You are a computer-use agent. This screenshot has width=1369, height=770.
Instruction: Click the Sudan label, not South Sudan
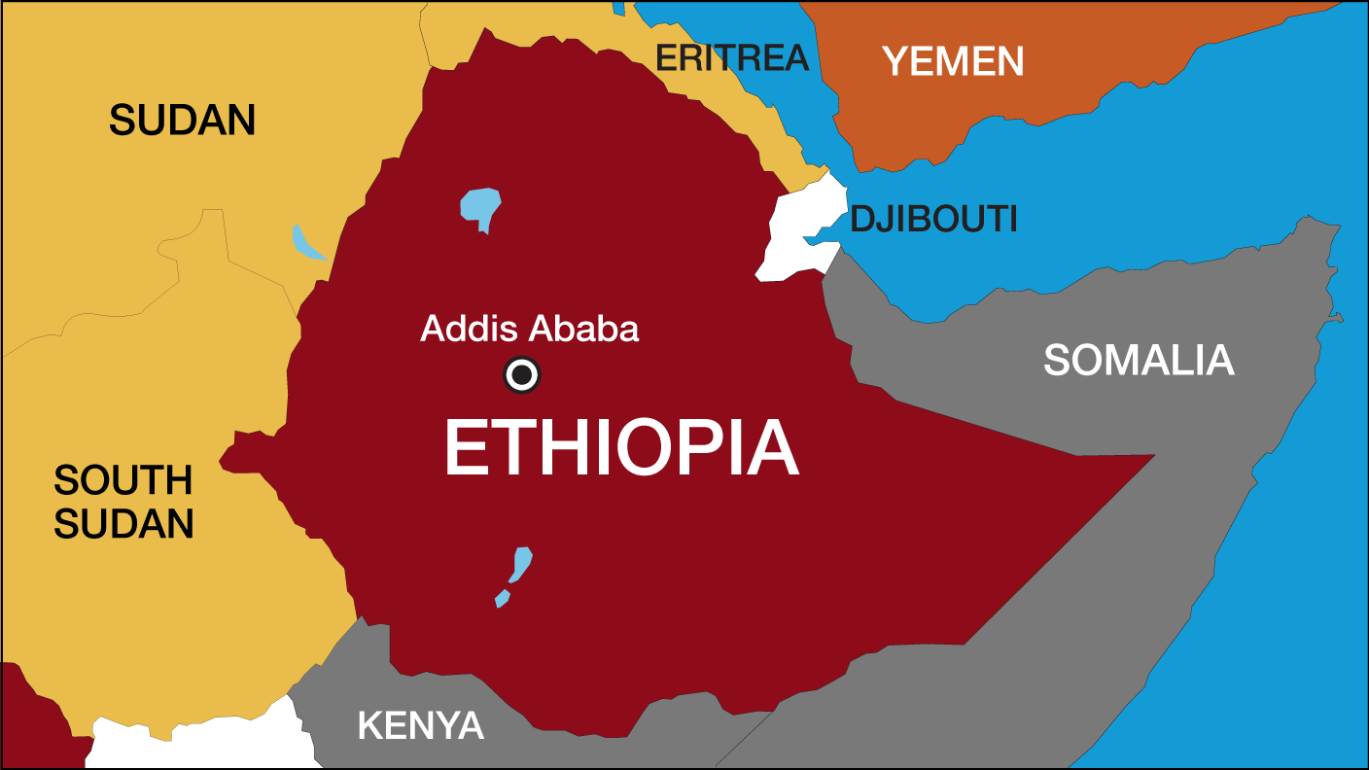(182, 121)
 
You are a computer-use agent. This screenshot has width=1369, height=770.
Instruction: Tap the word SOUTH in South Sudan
(123, 480)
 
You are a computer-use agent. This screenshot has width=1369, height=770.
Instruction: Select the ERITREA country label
(731, 58)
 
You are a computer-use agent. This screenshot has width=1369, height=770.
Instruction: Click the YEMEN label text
(953, 62)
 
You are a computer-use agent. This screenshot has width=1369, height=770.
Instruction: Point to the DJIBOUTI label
(933, 220)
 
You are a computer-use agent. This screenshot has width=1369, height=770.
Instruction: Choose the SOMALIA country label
(1139, 361)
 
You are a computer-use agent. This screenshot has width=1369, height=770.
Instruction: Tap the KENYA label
(420, 725)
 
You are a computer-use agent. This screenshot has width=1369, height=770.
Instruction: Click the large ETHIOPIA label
(621, 449)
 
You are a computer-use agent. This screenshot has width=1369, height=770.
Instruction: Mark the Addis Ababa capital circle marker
(521, 374)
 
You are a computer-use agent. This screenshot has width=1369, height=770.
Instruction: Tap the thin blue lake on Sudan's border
(307, 244)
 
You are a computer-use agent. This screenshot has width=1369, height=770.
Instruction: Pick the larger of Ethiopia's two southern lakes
(521, 564)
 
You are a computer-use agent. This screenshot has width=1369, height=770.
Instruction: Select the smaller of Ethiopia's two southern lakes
(502, 597)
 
